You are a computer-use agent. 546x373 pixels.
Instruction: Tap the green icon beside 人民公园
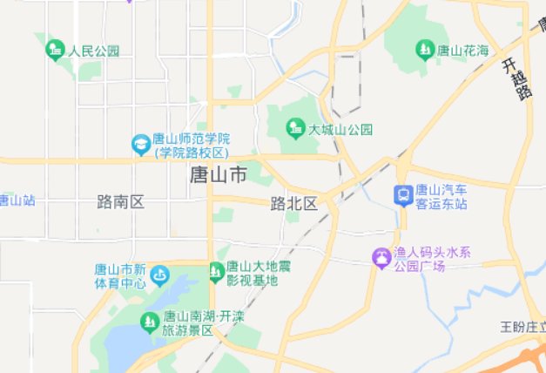(x=56, y=50)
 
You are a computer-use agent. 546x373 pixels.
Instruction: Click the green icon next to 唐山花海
(x=425, y=50)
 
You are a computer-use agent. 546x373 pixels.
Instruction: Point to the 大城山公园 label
(x=340, y=130)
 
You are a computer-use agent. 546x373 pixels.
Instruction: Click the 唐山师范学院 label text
(x=191, y=146)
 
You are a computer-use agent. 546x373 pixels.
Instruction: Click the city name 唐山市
(x=218, y=175)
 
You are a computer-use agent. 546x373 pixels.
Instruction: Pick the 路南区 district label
(x=121, y=202)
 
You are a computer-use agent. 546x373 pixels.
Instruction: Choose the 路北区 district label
(x=293, y=204)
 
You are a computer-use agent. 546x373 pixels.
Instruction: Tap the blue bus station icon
(x=403, y=195)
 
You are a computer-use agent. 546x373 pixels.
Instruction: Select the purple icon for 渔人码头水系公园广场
(x=381, y=258)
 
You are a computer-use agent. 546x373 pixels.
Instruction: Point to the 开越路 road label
(x=517, y=79)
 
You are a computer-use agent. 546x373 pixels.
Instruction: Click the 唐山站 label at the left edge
(x=17, y=200)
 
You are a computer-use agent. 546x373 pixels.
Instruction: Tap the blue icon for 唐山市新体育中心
(x=159, y=277)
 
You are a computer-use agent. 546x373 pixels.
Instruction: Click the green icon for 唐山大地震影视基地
(x=215, y=274)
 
